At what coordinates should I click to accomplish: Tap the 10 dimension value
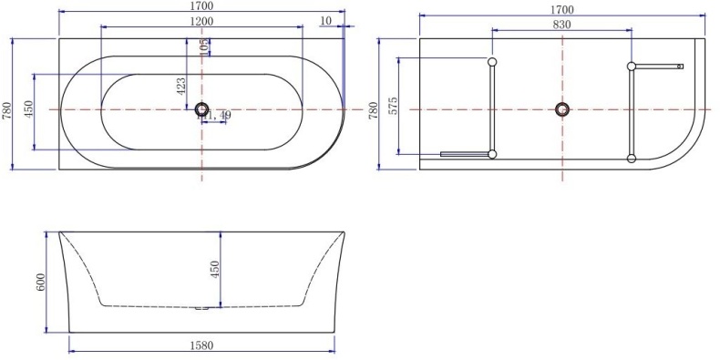point(326,21)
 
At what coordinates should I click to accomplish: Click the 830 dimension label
point(561,25)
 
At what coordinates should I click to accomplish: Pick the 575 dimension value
point(394,106)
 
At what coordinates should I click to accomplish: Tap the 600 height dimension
point(40,283)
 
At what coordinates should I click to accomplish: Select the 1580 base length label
point(203,347)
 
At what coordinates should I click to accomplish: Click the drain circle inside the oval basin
point(201,109)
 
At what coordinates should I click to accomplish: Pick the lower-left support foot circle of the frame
point(492,155)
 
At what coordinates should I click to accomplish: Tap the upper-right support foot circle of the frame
point(631,66)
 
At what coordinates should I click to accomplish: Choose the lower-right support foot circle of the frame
point(631,159)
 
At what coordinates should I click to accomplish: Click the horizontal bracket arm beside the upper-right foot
point(658,66)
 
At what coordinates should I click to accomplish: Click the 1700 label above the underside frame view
point(561,9)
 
